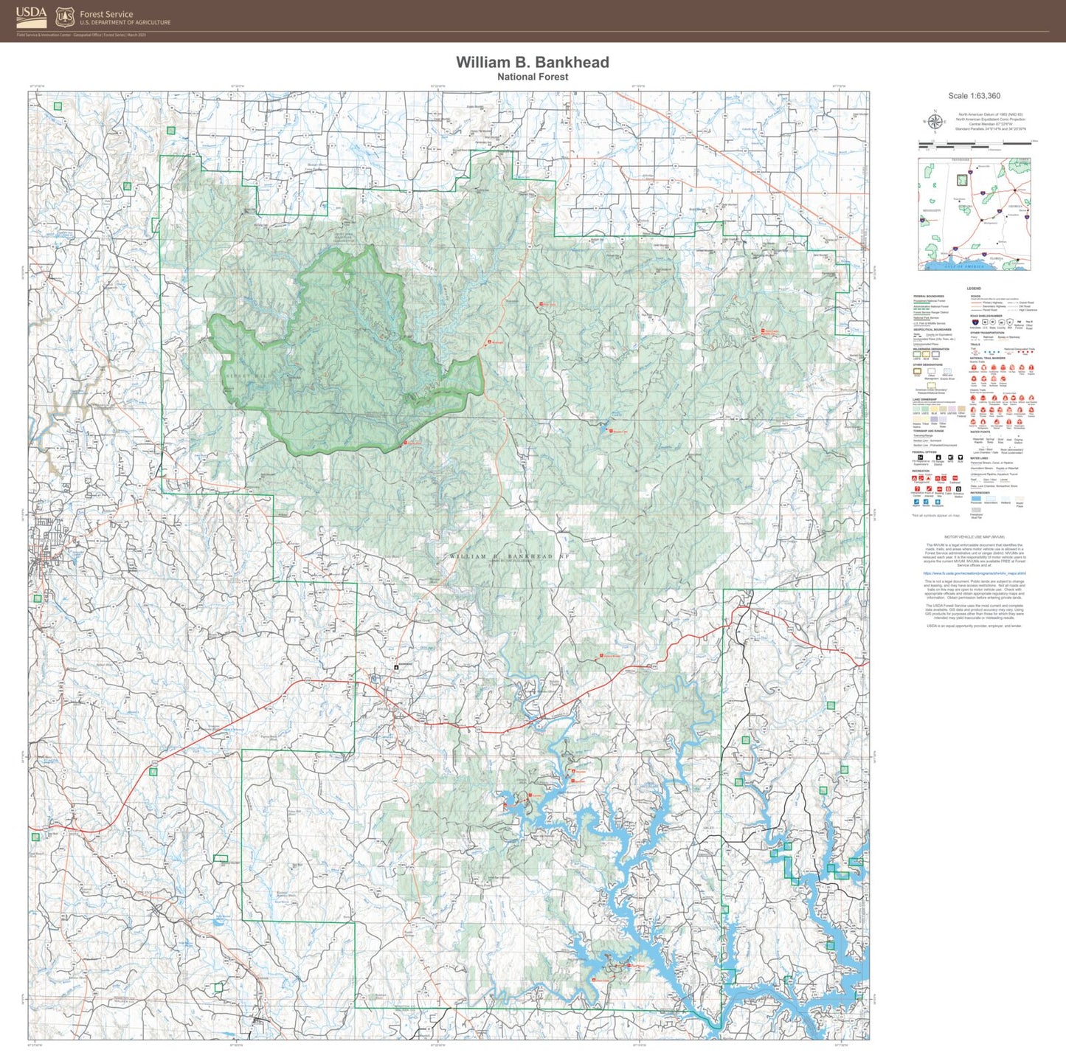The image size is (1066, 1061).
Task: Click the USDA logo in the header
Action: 31,15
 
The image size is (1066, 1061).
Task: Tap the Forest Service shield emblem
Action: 65,17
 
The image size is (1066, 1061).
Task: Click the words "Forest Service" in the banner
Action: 106,14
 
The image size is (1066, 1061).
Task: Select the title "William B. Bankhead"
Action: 532,63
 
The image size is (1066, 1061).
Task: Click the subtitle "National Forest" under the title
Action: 532,77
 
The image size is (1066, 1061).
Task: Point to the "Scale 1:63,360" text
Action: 974,96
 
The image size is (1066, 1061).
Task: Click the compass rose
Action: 935,122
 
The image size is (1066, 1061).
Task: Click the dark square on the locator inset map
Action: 962,179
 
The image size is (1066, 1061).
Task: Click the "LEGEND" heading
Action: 974,288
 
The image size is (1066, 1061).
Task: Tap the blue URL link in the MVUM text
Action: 974,573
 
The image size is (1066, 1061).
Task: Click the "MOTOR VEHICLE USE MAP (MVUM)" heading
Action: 974,537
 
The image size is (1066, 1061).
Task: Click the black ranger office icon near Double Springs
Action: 397,666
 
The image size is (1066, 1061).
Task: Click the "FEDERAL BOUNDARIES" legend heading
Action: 928,297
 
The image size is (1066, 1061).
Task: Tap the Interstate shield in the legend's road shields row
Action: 975,322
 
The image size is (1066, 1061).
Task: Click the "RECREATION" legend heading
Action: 921,471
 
